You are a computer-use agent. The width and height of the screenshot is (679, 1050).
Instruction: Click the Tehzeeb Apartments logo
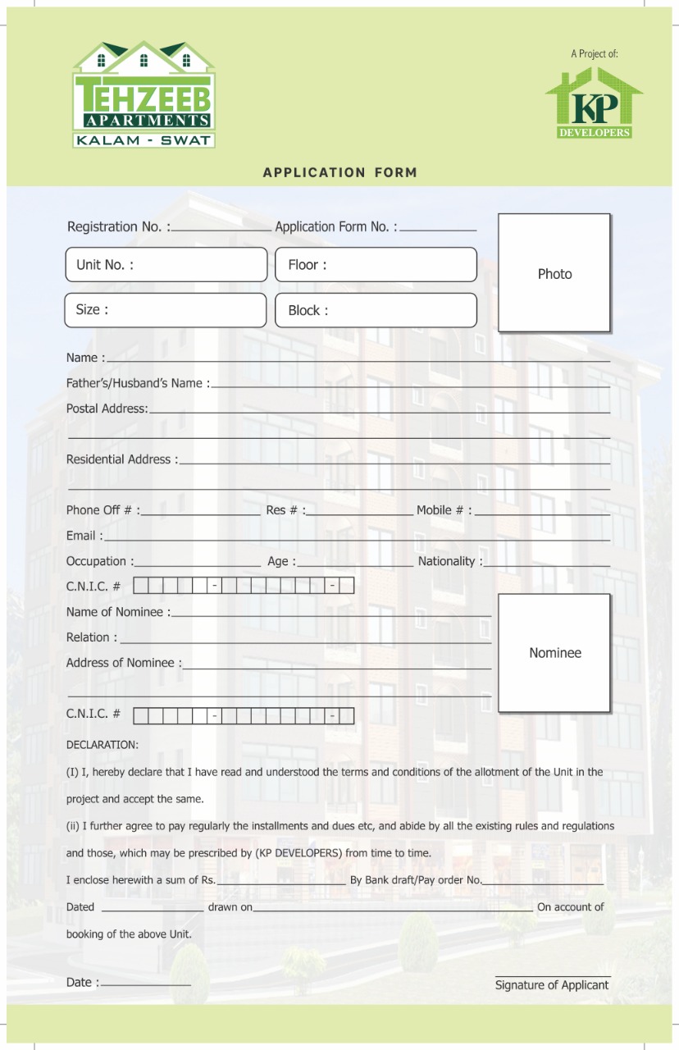[144, 94]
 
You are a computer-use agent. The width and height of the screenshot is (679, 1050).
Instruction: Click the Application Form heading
[339, 172]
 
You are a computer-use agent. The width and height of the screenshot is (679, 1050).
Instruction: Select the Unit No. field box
[166, 265]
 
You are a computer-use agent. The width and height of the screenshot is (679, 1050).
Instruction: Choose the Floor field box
[376, 265]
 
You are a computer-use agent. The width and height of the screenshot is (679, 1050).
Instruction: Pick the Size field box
[166, 310]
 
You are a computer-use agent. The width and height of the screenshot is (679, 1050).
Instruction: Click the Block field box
[376, 311]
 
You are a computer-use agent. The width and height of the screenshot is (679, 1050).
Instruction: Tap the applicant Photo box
[554, 273]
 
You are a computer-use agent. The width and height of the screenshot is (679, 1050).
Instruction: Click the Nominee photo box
[554, 653]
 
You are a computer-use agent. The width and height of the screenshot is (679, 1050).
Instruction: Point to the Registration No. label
[118, 226]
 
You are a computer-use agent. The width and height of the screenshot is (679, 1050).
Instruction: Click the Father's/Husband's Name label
[137, 383]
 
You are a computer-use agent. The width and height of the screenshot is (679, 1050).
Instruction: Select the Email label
[84, 536]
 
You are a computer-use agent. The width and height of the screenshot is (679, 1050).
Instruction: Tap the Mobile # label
[444, 510]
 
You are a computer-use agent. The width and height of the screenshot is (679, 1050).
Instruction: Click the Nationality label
[449, 561]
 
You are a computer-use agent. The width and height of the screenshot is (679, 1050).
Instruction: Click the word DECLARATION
[103, 745]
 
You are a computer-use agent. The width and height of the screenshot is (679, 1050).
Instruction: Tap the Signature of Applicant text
[552, 985]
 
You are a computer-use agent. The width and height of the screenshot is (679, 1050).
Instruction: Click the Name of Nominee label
[118, 612]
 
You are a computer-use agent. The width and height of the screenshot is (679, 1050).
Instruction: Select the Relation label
[91, 637]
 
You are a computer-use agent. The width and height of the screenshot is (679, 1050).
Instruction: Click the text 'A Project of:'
[595, 54]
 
